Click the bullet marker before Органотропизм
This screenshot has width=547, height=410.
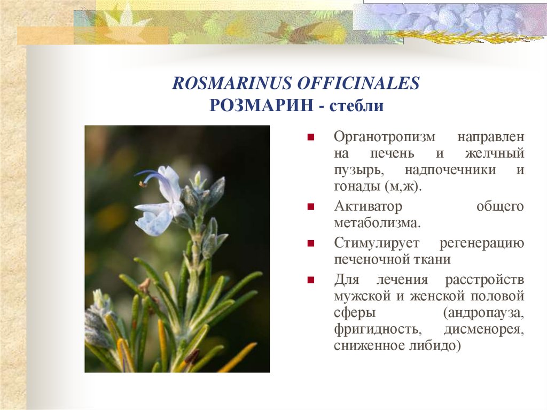point(310,137)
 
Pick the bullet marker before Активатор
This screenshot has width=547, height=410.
point(310,206)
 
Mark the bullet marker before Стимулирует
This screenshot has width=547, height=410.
point(310,243)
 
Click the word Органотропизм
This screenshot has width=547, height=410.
point(381,136)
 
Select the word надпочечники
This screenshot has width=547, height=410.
point(450,170)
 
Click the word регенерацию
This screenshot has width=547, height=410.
point(481,243)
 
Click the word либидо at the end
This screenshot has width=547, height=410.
point(434,345)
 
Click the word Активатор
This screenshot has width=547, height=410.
point(368,206)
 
